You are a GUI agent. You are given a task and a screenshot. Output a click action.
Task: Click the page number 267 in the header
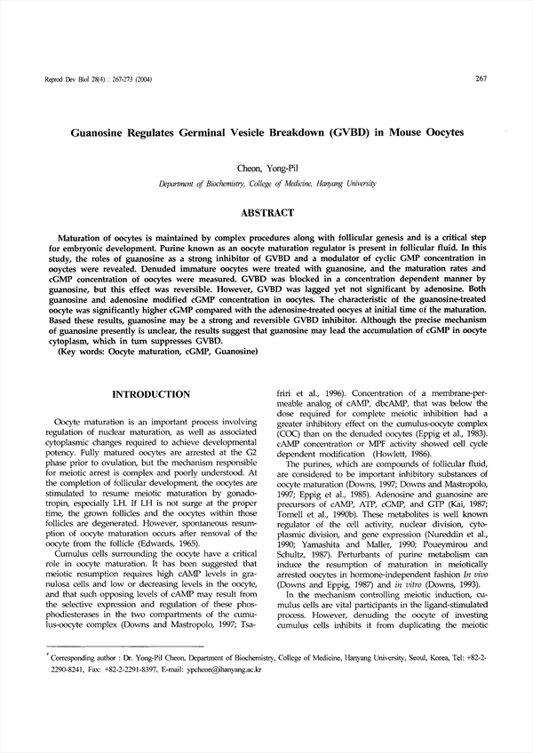pos(481,79)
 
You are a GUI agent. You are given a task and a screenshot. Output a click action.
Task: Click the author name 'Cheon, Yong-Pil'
pos(266,168)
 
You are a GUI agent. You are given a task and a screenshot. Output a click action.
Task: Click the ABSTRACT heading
pos(266,213)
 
